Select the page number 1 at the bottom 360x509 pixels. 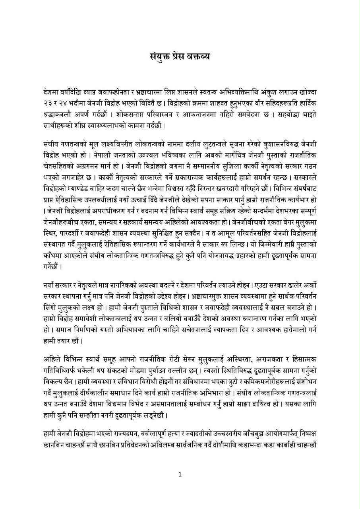tap(180, 474)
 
